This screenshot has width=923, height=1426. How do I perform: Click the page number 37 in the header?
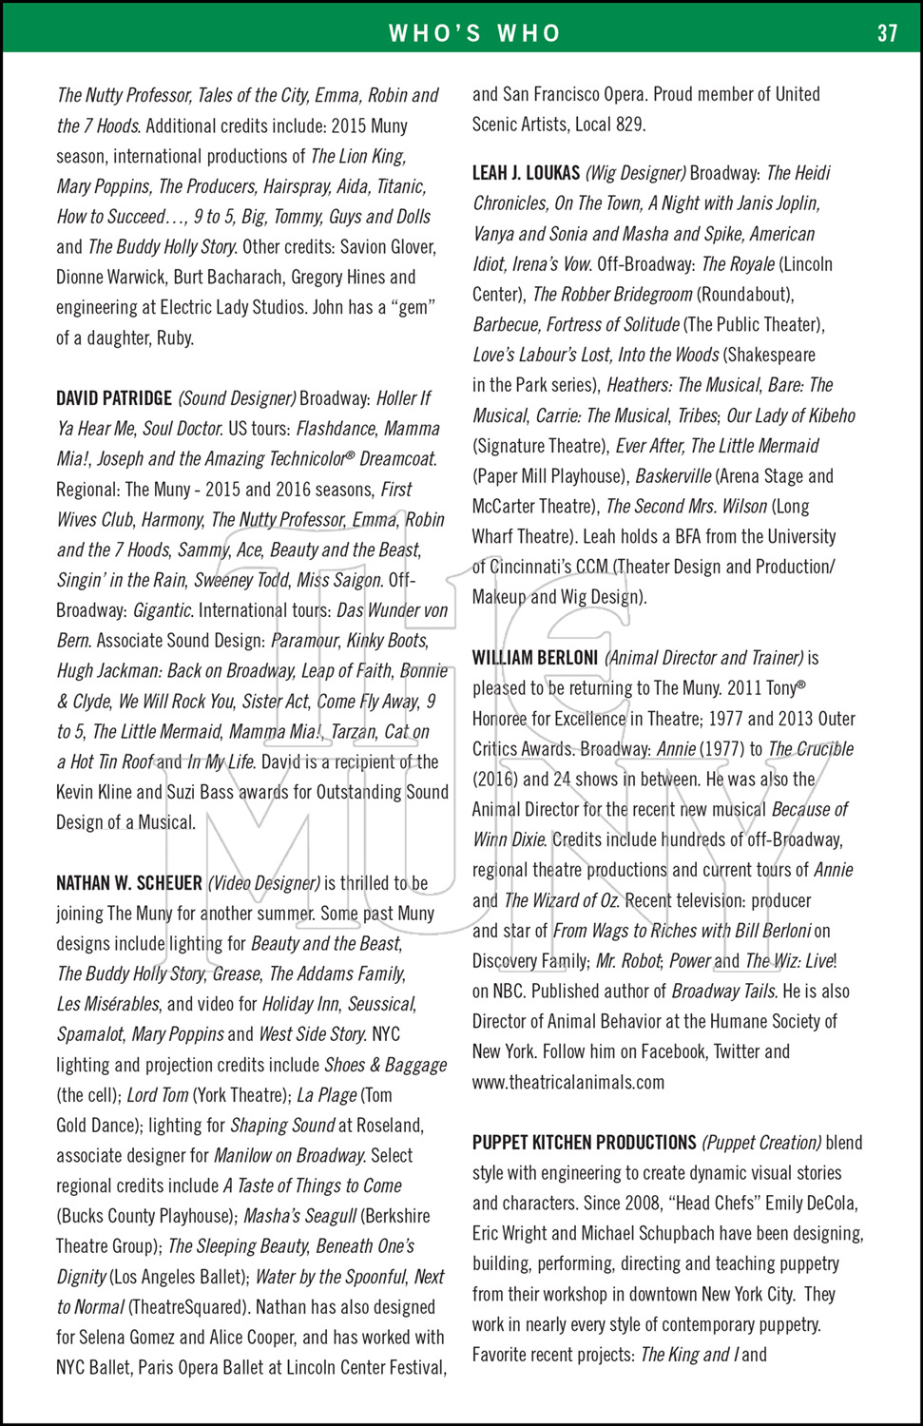pyautogui.click(x=887, y=33)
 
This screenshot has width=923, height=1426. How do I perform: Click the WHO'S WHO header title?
pyautogui.click(x=474, y=33)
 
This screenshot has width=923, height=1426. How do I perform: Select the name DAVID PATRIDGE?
pyautogui.click(x=114, y=398)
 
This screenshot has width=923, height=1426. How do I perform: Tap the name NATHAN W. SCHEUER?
pyautogui.click(x=129, y=883)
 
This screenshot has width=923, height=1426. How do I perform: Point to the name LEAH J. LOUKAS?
pyautogui.click(x=526, y=173)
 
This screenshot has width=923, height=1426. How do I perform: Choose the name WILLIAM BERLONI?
pyautogui.click(x=535, y=658)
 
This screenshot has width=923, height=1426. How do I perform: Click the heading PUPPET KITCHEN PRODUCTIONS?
pyautogui.click(x=585, y=1143)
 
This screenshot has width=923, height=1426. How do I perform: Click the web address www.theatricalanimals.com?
pyautogui.click(x=568, y=1082)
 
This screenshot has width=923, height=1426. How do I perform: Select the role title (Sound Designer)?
pyautogui.click(x=238, y=398)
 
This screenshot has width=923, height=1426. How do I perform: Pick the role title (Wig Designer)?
pyautogui.click(x=635, y=173)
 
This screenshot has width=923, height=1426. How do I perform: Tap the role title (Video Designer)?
pyautogui.click(x=263, y=883)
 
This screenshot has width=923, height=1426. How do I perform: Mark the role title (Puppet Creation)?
pyautogui.click(x=761, y=1143)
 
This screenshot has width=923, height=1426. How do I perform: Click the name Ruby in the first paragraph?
pyautogui.click(x=173, y=338)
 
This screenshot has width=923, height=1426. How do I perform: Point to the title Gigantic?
pyautogui.click(x=163, y=610)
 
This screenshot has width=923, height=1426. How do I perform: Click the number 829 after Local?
pyautogui.click(x=628, y=125)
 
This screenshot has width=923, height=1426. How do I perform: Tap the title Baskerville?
pyautogui.click(x=672, y=476)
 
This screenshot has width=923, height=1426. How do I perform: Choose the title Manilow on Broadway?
pyautogui.click(x=289, y=1156)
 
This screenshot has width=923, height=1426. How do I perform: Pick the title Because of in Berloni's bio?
pyautogui.click(x=810, y=810)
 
